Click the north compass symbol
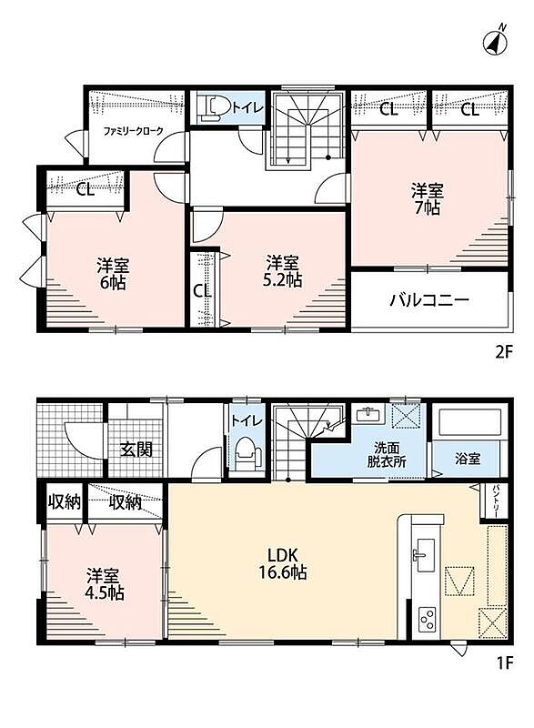[x=495, y=41]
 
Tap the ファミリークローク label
[x=133, y=131]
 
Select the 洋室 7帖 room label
[x=427, y=198]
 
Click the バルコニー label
[x=428, y=299]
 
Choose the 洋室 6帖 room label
[x=113, y=274]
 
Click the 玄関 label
[x=136, y=449]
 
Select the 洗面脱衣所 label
[x=387, y=454]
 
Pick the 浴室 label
[x=468, y=459]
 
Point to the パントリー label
[x=495, y=501]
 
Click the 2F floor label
[x=504, y=353]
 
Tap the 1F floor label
[x=505, y=663]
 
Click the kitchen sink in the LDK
[x=426, y=555]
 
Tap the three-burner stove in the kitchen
[x=427, y=619]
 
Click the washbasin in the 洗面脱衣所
[x=369, y=413]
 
